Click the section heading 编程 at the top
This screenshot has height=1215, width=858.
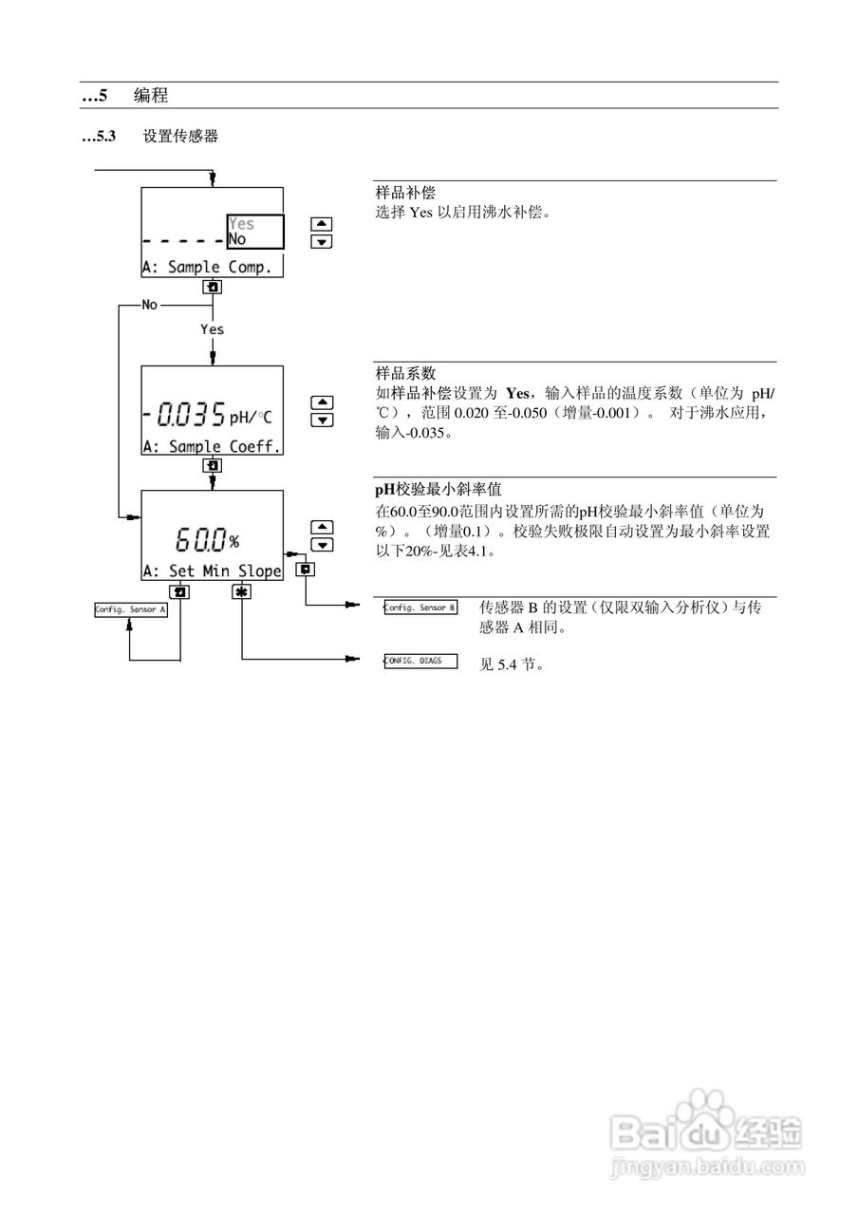(151, 95)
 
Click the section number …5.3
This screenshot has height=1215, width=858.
(99, 137)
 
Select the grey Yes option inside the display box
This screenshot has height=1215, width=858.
(242, 224)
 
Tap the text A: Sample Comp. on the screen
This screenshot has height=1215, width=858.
(207, 267)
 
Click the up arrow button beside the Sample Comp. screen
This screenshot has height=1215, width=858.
(323, 224)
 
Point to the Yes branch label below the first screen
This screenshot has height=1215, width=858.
(212, 328)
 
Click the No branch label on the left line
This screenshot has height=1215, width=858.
(149, 306)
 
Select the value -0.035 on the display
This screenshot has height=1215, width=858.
(184, 415)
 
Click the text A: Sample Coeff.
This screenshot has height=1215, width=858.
(212, 446)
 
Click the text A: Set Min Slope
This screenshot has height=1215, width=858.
(212, 570)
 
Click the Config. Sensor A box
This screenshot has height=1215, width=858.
(130, 610)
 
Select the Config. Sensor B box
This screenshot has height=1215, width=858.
(419, 607)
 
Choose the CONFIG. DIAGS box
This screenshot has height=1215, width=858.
(419, 661)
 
